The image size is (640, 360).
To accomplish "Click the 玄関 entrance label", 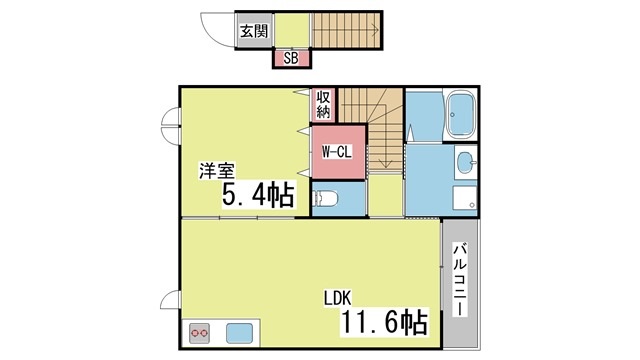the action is pyautogui.click(x=254, y=31).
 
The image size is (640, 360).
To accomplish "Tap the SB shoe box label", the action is pyautogui.click(x=291, y=58).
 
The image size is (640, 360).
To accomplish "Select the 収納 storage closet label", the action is pyautogui.click(x=323, y=104).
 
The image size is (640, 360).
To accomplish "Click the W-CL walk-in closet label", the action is pyautogui.click(x=337, y=152).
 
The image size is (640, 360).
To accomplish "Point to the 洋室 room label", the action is pyautogui.click(x=217, y=171).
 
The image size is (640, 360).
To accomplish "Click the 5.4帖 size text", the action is pyautogui.click(x=258, y=195).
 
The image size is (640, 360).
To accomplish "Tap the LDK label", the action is pyautogui.click(x=338, y=298).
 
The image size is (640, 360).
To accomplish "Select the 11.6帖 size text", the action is pyautogui.click(x=384, y=322).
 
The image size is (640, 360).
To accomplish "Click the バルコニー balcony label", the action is pyautogui.click(x=460, y=279).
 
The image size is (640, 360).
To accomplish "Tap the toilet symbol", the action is pyautogui.click(x=325, y=199).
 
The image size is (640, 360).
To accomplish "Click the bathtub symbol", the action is pyautogui.click(x=461, y=114).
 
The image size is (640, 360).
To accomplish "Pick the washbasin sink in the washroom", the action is pyautogui.click(x=465, y=162).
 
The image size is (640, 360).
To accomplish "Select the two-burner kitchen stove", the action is pyautogui.click(x=200, y=333).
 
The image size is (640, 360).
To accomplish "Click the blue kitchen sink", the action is pyautogui.click(x=239, y=333).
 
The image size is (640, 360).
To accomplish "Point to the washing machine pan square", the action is pyautogui.click(x=464, y=198).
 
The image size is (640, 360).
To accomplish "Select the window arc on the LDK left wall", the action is pyautogui.click(x=170, y=300).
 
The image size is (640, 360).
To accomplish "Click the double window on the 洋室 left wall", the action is pyautogui.click(x=170, y=125).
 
